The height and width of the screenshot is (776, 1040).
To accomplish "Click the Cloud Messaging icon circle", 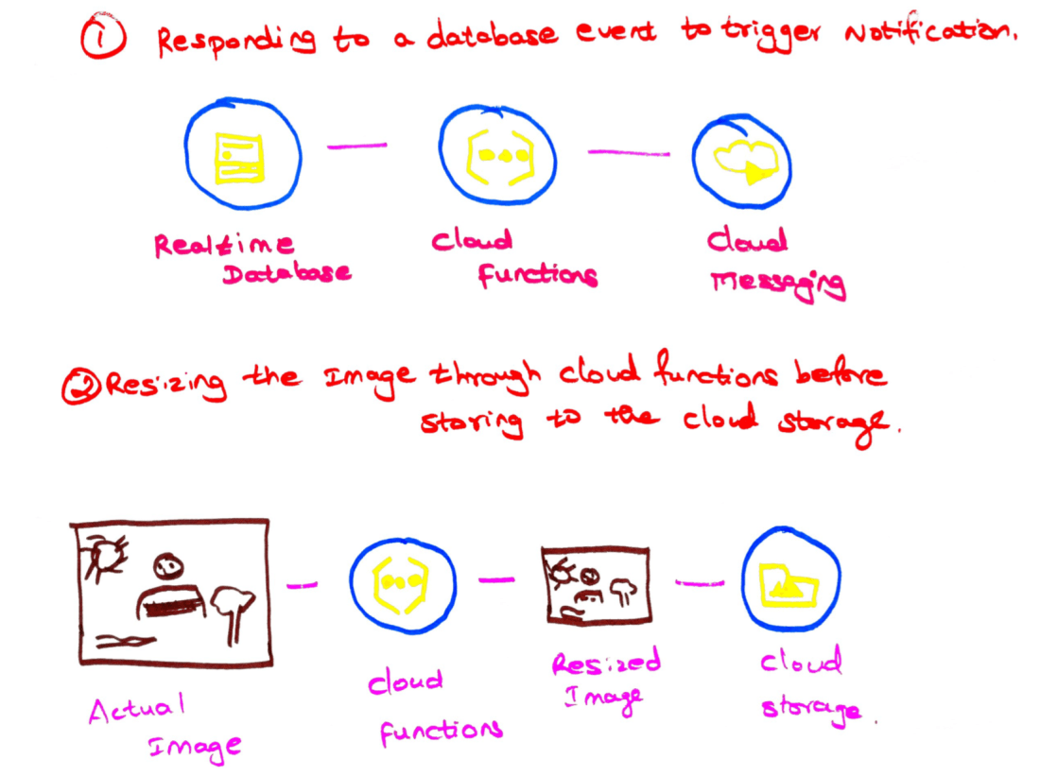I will click(741, 163).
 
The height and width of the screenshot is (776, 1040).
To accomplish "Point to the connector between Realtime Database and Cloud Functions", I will click(357, 146).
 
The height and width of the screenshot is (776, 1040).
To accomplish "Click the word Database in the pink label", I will click(286, 274).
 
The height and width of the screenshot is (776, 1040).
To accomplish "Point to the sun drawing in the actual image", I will click(102, 557).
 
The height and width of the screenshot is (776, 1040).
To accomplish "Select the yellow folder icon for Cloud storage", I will click(790, 584).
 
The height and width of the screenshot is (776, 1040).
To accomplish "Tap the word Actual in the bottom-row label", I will click(136, 709).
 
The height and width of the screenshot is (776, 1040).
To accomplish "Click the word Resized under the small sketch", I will click(606, 664).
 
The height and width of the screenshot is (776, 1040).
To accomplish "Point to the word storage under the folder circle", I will click(810, 708).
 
